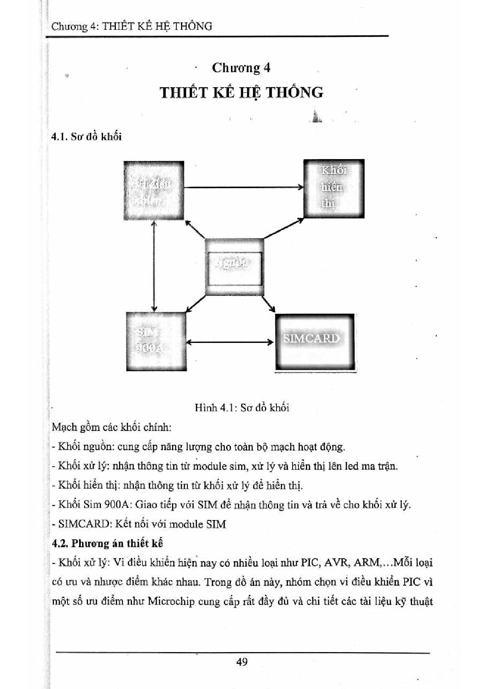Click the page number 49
coord(242,662)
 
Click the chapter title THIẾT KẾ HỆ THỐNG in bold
coord(242,93)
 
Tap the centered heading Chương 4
coord(241,68)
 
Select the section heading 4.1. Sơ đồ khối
coord(86,137)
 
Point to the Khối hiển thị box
coord(334,189)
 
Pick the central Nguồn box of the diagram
coord(234,267)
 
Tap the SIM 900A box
coord(156,341)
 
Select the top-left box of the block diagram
coord(154,191)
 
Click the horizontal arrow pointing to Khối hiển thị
coord(243,187)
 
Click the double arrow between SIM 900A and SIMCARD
coord(230,342)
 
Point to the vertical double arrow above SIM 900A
coord(154,266)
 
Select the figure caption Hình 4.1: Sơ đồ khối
coord(242,407)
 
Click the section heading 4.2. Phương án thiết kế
coord(107,543)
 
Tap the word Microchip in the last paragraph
coord(171,601)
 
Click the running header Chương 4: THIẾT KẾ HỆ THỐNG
coord(132,26)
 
